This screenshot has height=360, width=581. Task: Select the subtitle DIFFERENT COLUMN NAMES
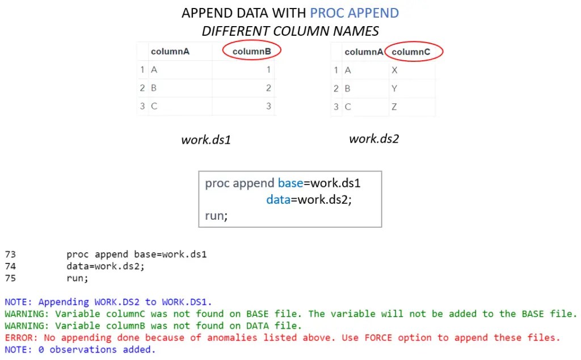pos(290,31)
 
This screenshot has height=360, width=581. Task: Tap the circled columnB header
pos(252,52)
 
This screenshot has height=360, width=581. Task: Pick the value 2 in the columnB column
pos(268,88)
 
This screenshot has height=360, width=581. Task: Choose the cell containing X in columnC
pos(394,70)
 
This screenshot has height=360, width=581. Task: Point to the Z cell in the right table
pos(394,106)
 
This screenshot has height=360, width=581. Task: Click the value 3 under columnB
pos(268,106)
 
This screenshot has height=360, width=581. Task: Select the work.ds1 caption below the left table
pos(205,139)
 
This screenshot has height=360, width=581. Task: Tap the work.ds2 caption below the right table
pos(374,138)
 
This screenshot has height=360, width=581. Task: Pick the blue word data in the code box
pos(278,200)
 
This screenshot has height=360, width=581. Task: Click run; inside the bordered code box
pos(216,216)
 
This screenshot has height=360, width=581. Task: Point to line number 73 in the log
pos(10,254)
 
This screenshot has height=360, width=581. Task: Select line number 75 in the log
pos(10,278)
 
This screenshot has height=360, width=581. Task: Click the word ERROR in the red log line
pos(17,338)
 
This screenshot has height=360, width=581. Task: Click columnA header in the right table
pos(364,52)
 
